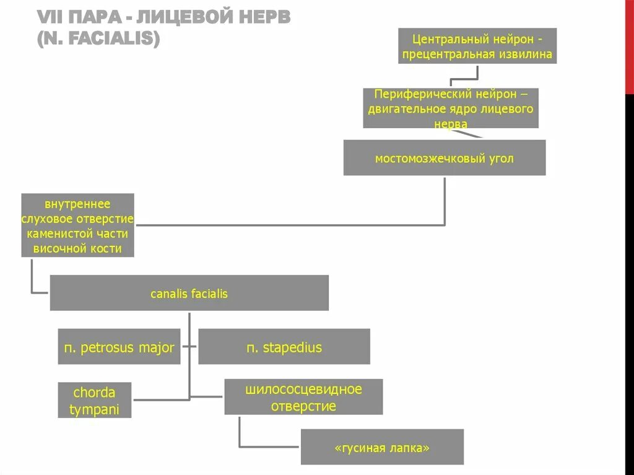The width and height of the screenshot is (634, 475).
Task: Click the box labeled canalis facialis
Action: (189, 293)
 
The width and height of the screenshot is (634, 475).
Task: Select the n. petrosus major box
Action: (119, 347)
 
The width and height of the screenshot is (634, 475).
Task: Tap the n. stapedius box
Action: (284, 347)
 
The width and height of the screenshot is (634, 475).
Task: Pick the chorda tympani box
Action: (94, 400)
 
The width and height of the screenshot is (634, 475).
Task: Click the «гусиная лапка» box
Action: (382, 447)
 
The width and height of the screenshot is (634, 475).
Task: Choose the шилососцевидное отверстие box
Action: (303, 397)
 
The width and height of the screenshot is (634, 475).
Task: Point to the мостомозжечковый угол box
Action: (444, 158)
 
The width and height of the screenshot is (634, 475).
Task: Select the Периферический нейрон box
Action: (451, 108)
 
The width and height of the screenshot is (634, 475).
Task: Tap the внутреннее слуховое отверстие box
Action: (77, 225)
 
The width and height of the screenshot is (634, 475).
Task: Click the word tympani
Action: (94, 409)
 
